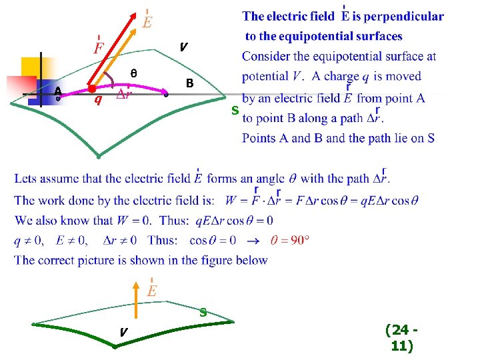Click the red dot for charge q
91,88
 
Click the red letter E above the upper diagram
147,22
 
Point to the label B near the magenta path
189,84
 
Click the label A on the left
58,91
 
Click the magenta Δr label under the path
123,95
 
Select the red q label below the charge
97,101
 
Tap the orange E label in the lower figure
152,291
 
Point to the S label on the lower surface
203,311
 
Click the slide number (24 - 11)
401,337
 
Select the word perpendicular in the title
403,17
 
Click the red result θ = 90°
290,240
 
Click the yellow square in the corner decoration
31,67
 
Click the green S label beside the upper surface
235,110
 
